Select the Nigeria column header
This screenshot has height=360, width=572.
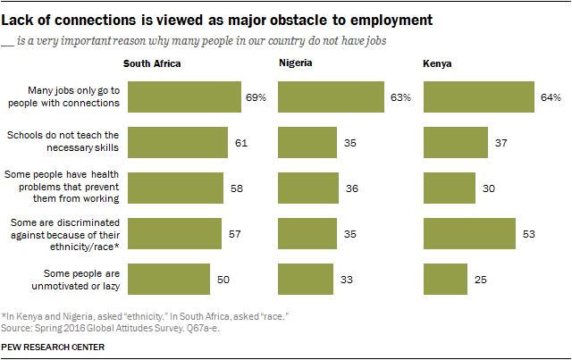coord(296,64)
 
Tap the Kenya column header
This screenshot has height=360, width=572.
coord(436,64)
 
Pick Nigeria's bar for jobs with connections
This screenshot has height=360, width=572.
coord(331,96)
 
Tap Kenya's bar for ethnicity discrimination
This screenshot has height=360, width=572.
coord(468,232)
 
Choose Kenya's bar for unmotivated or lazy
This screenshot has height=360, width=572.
coord(445,278)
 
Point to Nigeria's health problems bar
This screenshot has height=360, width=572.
coord(308,188)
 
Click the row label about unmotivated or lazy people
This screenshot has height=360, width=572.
coord(80,278)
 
